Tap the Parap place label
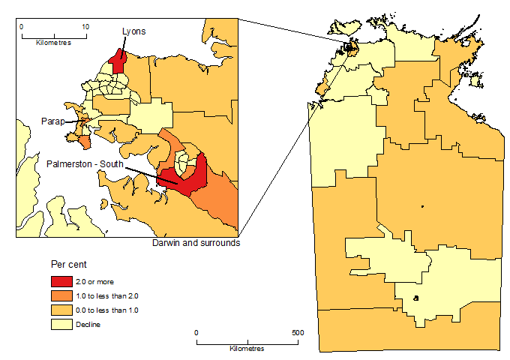point(53,120)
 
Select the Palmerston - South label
point(85,163)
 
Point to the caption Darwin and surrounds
point(196,243)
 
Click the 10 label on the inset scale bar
point(85,25)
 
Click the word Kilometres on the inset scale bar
point(53,42)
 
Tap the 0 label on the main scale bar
point(196,332)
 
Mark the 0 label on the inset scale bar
point(22,25)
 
